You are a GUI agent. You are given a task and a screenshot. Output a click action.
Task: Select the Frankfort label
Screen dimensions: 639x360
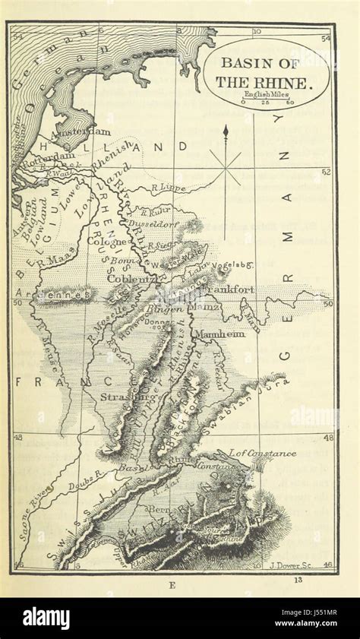[x=228, y=289]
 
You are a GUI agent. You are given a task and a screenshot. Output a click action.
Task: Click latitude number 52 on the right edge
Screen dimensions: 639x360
[x=326, y=172]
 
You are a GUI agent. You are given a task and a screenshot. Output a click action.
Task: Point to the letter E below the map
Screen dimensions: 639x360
[x=172, y=584]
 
